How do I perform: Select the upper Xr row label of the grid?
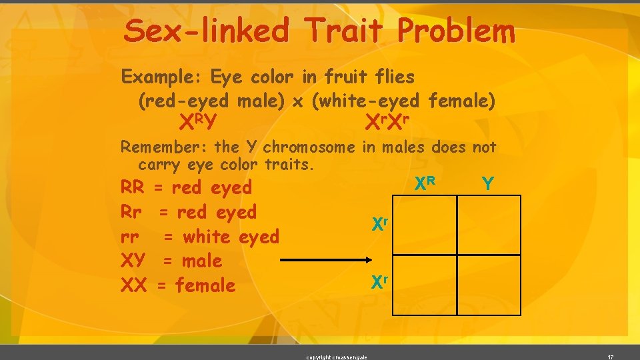click(379, 224)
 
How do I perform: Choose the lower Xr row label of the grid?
click(379, 283)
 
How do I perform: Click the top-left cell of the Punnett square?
click(424, 225)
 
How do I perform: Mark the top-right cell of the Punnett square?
click(489, 225)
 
